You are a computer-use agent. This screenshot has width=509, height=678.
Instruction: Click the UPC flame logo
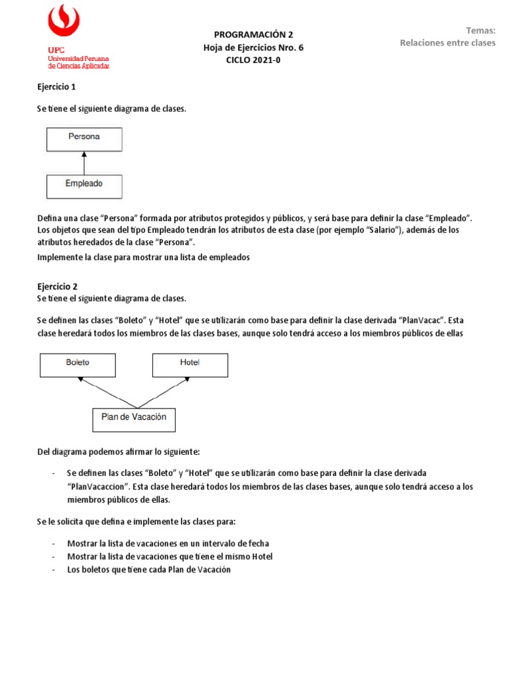pos(64,22)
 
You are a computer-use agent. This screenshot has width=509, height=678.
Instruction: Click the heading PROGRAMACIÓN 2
pos(253,34)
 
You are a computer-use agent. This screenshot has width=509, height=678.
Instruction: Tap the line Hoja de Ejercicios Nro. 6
pos(253,47)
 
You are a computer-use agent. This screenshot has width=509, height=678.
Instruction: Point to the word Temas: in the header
pos(481,30)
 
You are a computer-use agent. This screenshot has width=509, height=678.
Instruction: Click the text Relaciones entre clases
pos(447,43)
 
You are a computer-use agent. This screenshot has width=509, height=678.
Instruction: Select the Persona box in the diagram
pos(84,138)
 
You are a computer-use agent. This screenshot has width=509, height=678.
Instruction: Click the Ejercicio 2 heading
pos(56,287)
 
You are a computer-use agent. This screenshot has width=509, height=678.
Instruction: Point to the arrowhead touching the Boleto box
pos(80,379)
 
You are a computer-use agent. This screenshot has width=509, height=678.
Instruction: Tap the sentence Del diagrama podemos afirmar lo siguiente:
pos(118,452)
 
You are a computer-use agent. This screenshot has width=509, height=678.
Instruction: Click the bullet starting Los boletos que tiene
pos(148,569)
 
